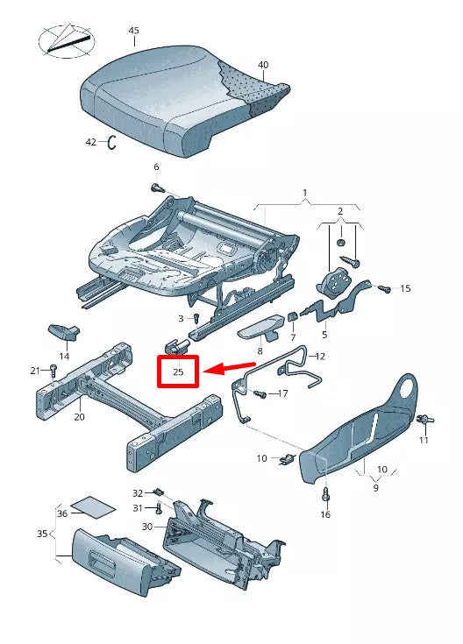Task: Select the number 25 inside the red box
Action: point(179,372)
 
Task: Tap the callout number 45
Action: point(133,31)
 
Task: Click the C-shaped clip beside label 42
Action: point(112,143)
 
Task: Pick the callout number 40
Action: point(263,65)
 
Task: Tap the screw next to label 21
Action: point(53,372)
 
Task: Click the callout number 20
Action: point(79,417)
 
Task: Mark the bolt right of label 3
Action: point(196,317)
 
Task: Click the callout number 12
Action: point(320,356)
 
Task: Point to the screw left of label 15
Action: point(383,287)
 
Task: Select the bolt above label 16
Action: point(325,495)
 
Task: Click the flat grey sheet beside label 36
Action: point(94,507)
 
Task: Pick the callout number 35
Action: point(41,533)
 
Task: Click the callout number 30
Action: point(146,527)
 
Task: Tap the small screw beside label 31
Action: point(159,508)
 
